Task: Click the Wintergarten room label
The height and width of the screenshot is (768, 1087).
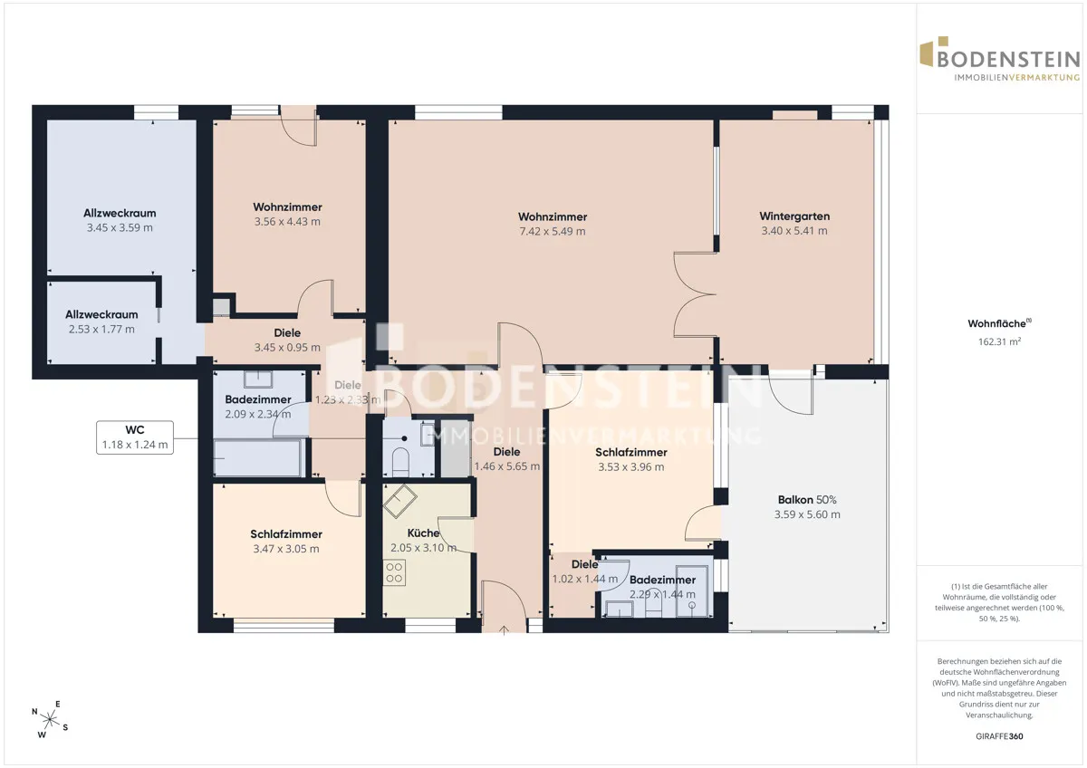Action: coord(794,216)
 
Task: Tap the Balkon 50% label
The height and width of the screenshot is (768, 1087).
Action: coord(807,499)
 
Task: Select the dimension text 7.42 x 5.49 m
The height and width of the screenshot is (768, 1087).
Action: coord(553,232)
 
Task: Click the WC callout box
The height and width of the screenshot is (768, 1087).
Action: coord(135,437)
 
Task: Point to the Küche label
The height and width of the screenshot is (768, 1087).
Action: coord(423,533)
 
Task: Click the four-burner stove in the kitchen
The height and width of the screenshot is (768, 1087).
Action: coord(394,572)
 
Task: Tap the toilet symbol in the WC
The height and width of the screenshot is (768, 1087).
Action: coord(400,461)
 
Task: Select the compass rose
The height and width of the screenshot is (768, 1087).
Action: coord(50,719)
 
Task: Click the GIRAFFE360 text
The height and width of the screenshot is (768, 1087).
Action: coord(999,736)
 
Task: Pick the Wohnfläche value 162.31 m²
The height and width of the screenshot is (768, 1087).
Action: coord(999,341)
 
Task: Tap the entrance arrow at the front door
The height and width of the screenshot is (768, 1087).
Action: coord(504,630)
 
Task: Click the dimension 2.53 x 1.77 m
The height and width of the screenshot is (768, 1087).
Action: coord(101,330)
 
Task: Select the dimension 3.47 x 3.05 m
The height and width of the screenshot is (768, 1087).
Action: coord(286,549)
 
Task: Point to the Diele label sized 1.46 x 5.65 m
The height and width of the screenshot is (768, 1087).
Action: coord(506,452)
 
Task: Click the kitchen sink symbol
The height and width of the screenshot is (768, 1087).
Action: coord(399,501)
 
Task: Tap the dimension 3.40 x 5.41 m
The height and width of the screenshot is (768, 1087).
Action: coord(794,231)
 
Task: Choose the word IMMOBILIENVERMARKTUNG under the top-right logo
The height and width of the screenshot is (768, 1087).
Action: coord(1016,78)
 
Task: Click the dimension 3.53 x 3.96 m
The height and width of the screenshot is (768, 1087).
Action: coord(630,467)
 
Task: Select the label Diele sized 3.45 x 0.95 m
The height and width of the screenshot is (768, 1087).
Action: coord(287,332)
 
